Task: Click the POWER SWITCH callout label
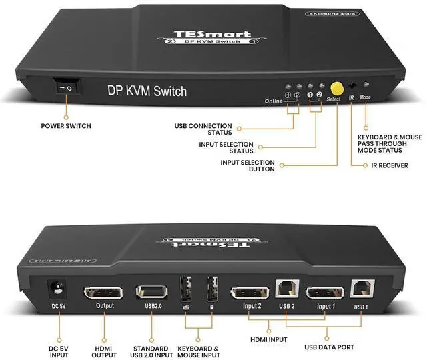pyautogui.click(x=66, y=125)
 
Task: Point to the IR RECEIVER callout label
pyautogui.click(x=390, y=165)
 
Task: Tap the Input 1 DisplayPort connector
pyautogui.click(x=324, y=293)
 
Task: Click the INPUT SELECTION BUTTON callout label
pyautogui.click(x=248, y=165)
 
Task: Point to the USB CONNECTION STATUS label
pyautogui.click(x=203, y=129)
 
